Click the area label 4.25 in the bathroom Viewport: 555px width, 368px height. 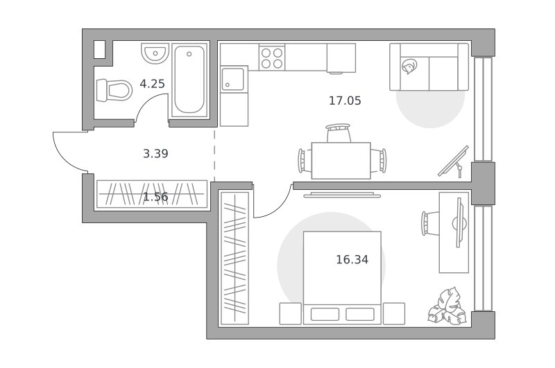[x=152, y=84]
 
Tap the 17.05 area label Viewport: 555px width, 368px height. [x=345, y=100]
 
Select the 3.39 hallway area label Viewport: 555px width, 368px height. [x=155, y=153]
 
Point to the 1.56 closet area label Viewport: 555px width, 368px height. [x=155, y=197]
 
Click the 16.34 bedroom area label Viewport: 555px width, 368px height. [x=352, y=260]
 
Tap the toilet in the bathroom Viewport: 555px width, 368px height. [x=114, y=90]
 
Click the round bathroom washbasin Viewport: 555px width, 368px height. [x=155, y=53]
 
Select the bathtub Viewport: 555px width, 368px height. [x=189, y=80]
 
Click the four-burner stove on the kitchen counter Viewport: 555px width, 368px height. [x=272, y=58]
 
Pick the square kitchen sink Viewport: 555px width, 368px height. [x=233, y=79]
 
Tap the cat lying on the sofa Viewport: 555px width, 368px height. [x=409, y=67]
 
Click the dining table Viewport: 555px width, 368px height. [x=341, y=161]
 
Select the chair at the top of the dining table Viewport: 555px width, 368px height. [x=339, y=133]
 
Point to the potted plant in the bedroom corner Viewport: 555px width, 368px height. [x=447, y=306]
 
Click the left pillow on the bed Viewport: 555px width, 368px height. [x=325, y=314]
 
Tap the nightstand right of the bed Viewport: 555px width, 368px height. [x=394, y=313]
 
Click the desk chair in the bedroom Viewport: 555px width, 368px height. [x=430, y=223]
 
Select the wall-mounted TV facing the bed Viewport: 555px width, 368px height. [x=342, y=195]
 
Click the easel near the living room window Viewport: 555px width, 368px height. [x=454, y=161]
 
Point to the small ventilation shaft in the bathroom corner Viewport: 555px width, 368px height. [x=99, y=49]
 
